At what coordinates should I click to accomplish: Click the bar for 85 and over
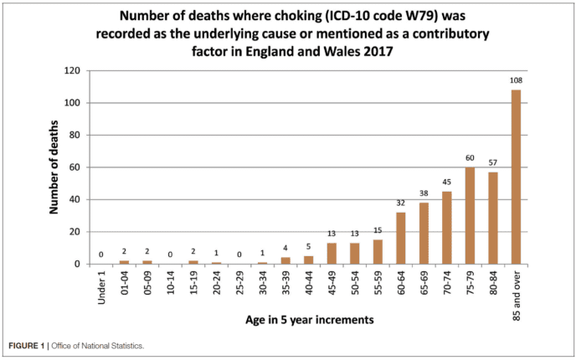(x=516, y=177)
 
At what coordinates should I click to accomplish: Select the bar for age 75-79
(x=470, y=215)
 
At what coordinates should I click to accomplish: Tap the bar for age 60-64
(x=400, y=238)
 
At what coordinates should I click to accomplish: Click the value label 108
(x=516, y=81)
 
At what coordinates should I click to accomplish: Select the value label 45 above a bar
(x=446, y=183)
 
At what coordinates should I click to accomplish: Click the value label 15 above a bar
(x=377, y=231)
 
